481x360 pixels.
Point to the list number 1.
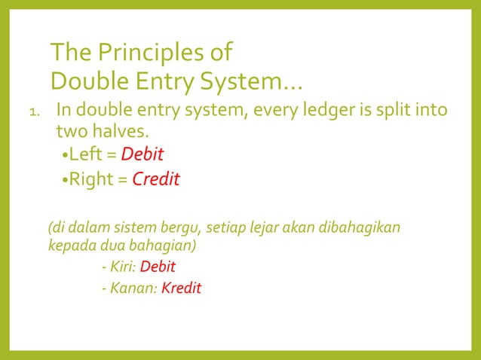click(x=33, y=115)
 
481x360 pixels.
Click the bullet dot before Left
click(x=64, y=157)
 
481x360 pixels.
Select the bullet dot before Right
click(x=64, y=181)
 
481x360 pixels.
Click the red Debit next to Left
click(x=142, y=155)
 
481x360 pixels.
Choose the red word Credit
click(x=156, y=180)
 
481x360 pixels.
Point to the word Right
click(x=93, y=180)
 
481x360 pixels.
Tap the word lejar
click(x=282, y=227)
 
